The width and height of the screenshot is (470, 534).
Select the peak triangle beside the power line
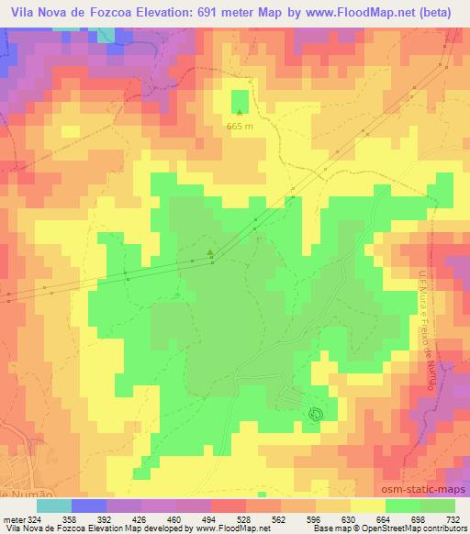[210, 252]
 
